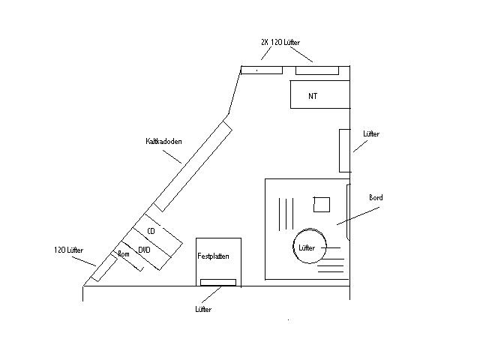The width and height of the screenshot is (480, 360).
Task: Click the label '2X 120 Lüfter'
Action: click(x=280, y=42)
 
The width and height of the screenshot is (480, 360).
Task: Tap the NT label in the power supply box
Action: click(x=313, y=96)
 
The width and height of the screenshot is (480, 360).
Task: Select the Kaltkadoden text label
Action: click(x=163, y=141)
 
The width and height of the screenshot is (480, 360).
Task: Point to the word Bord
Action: click(x=376, y=197)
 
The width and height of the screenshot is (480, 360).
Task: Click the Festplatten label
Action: click(x=213, y=256)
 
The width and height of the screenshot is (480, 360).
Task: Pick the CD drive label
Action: click(x=151, y=231)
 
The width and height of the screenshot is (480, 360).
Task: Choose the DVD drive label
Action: click(x=144, y=250)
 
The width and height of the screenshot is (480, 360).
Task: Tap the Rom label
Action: click(x=124, y=253)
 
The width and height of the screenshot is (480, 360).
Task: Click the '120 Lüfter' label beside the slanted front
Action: click(x=68, y=250)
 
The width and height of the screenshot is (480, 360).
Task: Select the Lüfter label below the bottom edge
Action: click(x=203, y=309)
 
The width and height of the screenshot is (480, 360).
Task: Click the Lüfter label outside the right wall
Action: click(x=371, y=133)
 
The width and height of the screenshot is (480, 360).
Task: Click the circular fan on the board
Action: click(x=310, y=246)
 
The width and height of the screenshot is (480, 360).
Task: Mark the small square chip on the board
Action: click(x=322, y=205)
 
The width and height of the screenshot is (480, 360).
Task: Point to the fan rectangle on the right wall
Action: click(x=345, y=151)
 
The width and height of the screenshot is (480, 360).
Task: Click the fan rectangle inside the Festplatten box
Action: click(x=218, y=282)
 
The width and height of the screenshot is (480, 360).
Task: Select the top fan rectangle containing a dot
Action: click(x=262, y=70)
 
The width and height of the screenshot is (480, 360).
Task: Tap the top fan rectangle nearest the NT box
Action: click(x=317, y=70)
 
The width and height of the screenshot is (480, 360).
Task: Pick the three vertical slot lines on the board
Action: click(x=286, y=214)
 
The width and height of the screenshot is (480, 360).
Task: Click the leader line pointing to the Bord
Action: click(x=358, y=216)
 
